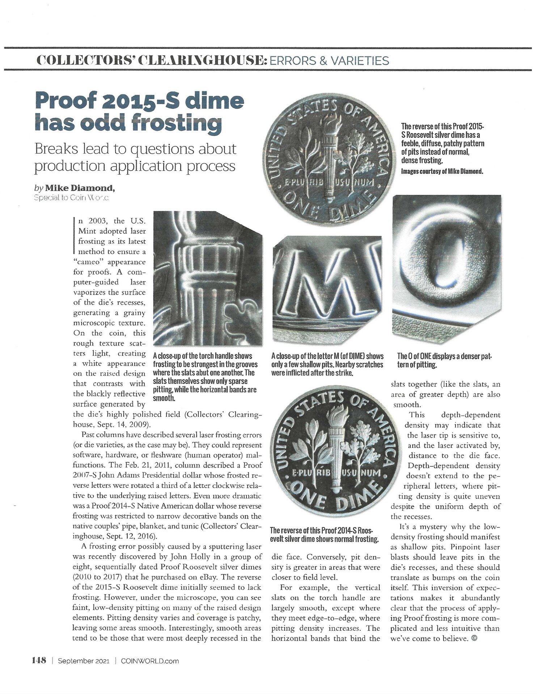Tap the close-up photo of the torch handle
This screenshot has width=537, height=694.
point(207,278)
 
